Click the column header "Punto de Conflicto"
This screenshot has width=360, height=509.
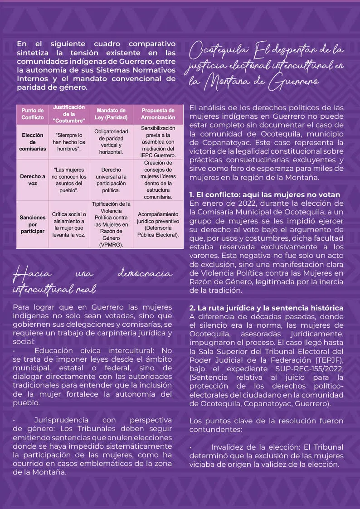33,114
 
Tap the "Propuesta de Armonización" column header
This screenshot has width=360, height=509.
158,114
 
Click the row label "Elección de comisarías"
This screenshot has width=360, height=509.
33,142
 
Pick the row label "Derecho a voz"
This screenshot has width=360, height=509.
33,180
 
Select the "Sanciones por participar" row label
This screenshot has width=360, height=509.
33,224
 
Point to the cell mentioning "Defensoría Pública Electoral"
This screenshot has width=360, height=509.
158,224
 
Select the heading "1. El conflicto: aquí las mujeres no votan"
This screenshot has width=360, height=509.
264,195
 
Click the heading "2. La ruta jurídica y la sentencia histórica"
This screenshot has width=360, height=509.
266,308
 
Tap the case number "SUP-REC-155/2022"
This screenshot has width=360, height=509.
309,368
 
